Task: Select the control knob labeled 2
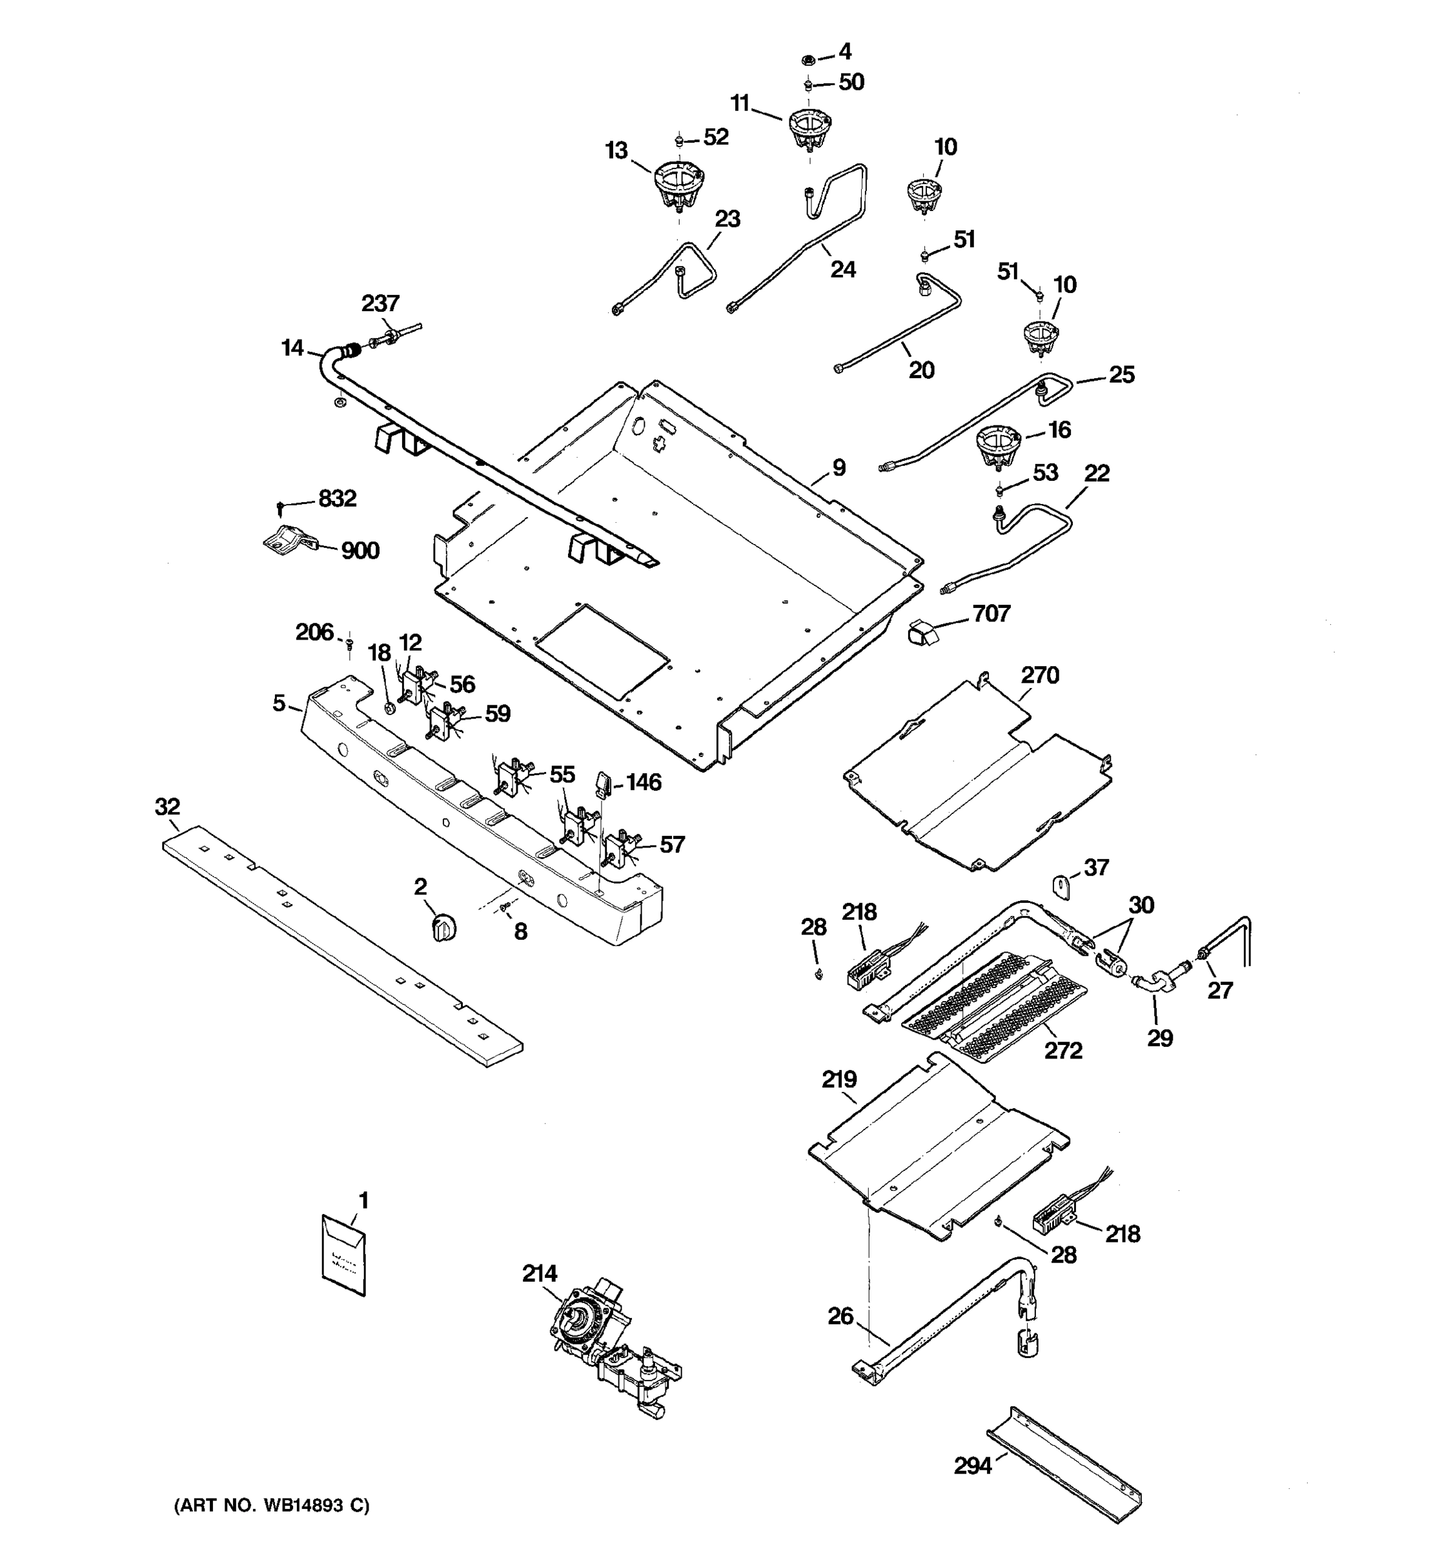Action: click(444, 929)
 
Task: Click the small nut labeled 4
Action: click(808, 59)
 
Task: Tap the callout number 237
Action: click(380, 303)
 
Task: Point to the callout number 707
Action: click(991, 614)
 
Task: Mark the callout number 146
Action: click(644, 782)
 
